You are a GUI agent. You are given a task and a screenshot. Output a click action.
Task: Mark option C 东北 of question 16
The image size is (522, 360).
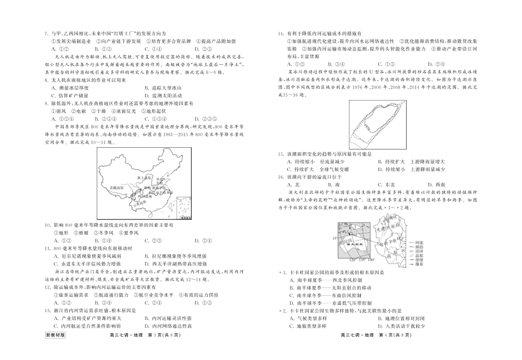click(x=381, y=185)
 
